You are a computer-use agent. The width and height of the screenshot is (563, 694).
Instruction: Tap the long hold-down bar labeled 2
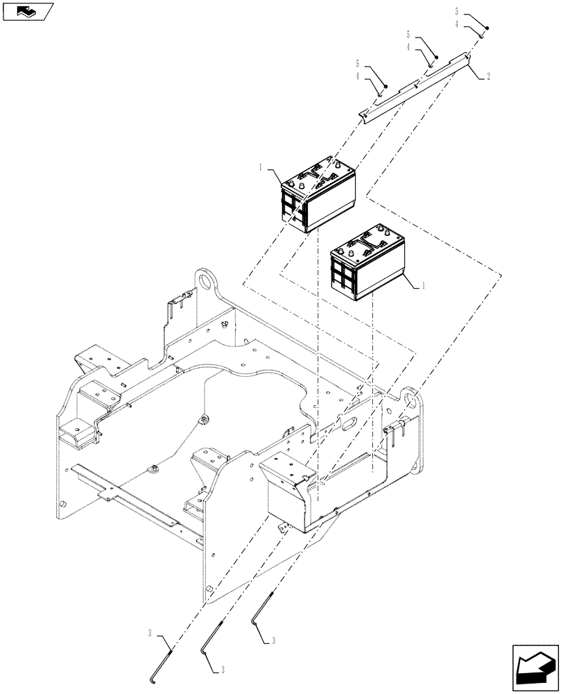click(x=416, y=87)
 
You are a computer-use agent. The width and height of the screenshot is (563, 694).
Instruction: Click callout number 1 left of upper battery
click(x=261, y=167)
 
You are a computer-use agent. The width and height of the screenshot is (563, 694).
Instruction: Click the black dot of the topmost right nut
click(x=487, y=28)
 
